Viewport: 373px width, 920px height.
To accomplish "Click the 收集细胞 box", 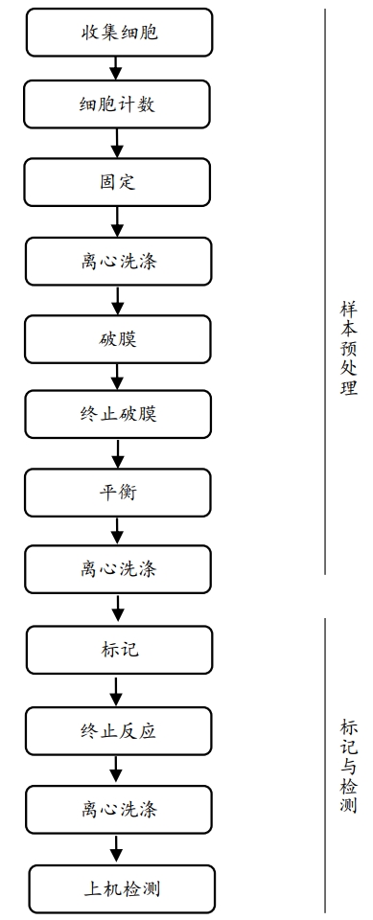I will point(118,33).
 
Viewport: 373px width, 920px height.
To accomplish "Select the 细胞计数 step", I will point(118,104).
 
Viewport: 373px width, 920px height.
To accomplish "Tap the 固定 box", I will point(118,181).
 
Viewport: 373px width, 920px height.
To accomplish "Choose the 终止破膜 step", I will point(118,414).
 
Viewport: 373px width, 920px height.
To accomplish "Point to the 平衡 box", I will point(118,492).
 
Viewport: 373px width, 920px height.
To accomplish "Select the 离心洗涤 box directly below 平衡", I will point(118,569).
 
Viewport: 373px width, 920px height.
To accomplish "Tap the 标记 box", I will point(118,650).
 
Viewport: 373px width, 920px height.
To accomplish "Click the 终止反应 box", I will point(118,731).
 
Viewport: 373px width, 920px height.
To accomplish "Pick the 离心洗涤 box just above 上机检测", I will point(118,809).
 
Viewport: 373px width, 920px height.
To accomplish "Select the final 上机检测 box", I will point(118,888).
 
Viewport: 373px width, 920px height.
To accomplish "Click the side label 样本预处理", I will point(348,349).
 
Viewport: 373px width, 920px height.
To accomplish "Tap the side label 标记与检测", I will point(348,766).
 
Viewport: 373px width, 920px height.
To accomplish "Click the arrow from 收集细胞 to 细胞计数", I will point(117,68).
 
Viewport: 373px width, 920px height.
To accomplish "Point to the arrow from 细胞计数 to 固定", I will point(117,143).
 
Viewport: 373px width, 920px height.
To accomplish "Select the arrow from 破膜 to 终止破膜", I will point(117,376).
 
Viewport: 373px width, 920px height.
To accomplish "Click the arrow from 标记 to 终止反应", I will point(117,691).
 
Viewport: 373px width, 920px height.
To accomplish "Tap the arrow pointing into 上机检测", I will point(117,848).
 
